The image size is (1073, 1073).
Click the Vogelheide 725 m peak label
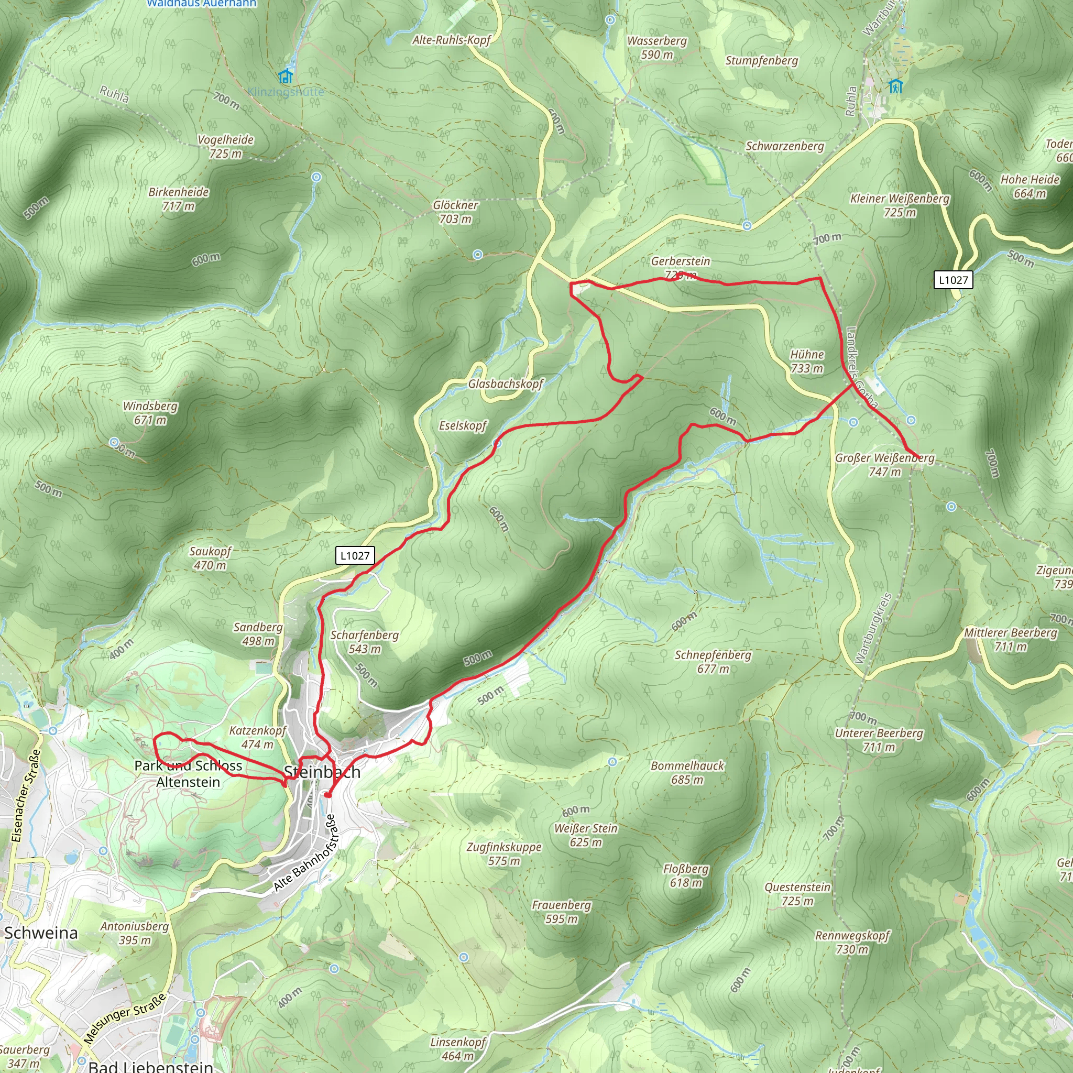click(x=225, y=147)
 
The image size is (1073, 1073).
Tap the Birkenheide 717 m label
click(x=178, y=199)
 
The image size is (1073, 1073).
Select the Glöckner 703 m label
click(x=455, y=212)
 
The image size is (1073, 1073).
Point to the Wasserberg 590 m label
click(x=656, y=48)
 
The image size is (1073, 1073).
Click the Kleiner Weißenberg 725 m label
click(x=900, y=205)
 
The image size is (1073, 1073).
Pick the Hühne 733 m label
click(x=807, y=361)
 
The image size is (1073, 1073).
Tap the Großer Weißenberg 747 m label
click(x=885, y=465)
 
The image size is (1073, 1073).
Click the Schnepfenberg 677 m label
click(x=713, y=662)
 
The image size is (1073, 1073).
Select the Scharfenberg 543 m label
click(x=364, y=641)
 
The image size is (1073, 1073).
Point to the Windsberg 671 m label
click(x=150, y=413)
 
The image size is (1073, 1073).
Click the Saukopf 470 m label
click(x=210, y=558)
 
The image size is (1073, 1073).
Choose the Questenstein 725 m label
click(x=797, y=894)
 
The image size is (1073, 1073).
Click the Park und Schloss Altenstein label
click(x=188, y=774)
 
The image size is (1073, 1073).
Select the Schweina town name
click(x=41, y=933)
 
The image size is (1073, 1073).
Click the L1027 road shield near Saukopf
click(x=355, y=555)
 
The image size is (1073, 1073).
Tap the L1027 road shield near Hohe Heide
click(x=953, y=280)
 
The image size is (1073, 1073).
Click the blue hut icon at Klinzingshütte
click(x=286, y=75)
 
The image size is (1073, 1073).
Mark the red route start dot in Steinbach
click(x=328, y=795)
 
